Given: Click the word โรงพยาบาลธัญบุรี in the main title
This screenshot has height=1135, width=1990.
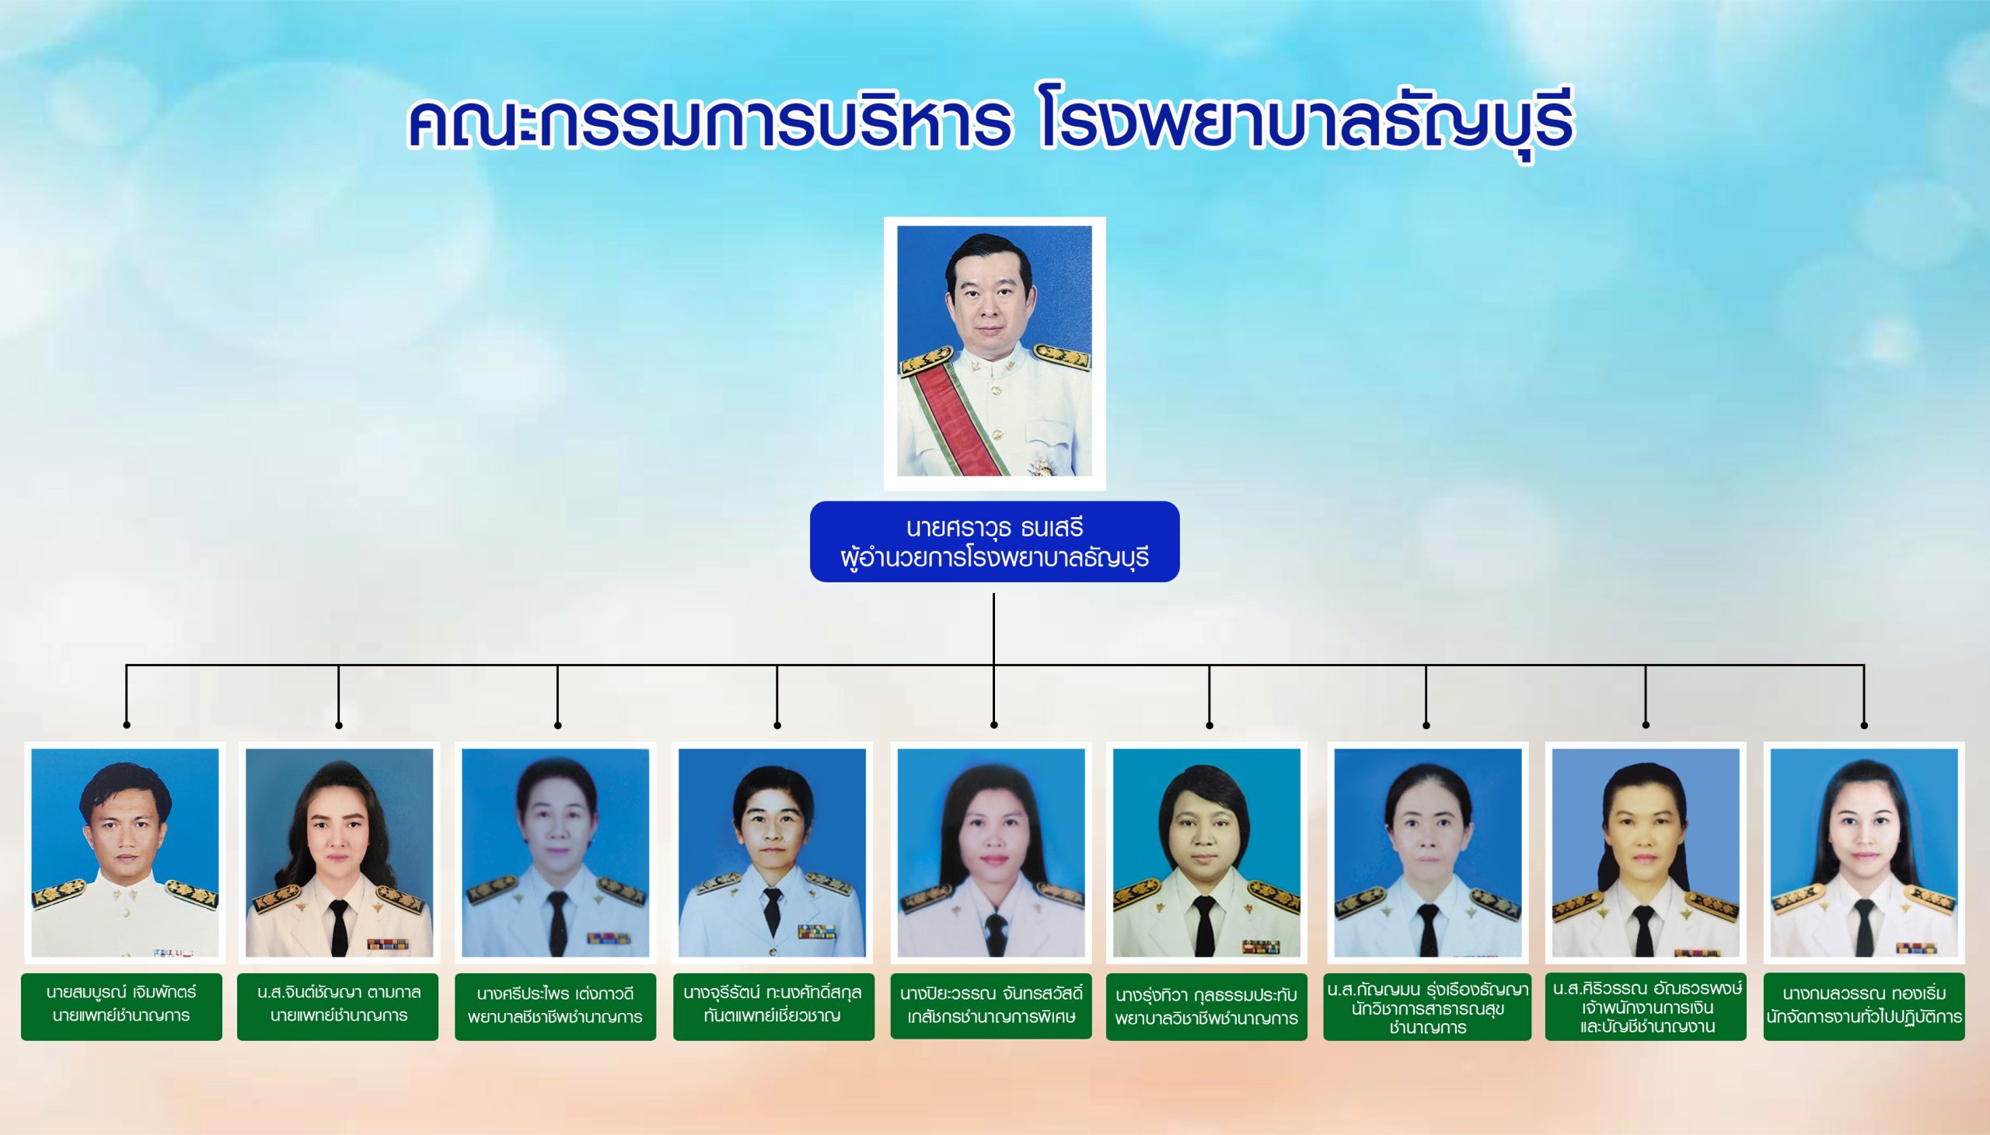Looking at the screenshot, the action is [1308, 124].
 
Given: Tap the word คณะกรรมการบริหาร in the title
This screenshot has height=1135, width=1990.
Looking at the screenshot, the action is [709, 124].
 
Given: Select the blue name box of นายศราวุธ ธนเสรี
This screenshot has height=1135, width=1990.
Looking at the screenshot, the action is [994, 542].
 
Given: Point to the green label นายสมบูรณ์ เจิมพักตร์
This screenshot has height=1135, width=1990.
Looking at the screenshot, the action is [121, 1007].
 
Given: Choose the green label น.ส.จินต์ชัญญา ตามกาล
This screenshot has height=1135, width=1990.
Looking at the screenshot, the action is [337, 1007].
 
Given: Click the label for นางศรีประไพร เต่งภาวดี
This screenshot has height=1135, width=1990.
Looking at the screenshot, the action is [555, 1007].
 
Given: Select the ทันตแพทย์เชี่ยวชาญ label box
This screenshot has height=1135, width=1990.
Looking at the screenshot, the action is [773, 1007].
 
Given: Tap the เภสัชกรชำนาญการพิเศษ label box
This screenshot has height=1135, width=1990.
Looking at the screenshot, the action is [990, 1007].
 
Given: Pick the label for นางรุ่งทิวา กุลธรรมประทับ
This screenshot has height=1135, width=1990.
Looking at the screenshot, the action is [1206, 1007].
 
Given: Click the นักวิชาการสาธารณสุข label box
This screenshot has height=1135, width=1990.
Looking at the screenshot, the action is [1427, 1007].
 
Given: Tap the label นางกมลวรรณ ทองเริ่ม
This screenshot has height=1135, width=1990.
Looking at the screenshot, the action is [1864, 1007].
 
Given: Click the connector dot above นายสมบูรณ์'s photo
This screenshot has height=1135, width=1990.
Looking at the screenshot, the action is [126, 726].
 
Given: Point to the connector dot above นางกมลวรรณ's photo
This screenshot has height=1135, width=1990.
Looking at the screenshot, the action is [1864, 726].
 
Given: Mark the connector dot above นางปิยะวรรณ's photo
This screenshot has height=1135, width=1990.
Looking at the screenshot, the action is [993, 726].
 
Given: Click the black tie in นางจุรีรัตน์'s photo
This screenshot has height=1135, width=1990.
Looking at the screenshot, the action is [772, 912].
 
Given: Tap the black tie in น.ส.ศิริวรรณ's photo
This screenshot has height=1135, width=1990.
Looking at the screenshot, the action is [1643, 931].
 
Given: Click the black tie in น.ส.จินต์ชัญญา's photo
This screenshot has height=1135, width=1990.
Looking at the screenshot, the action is [339, 927].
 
